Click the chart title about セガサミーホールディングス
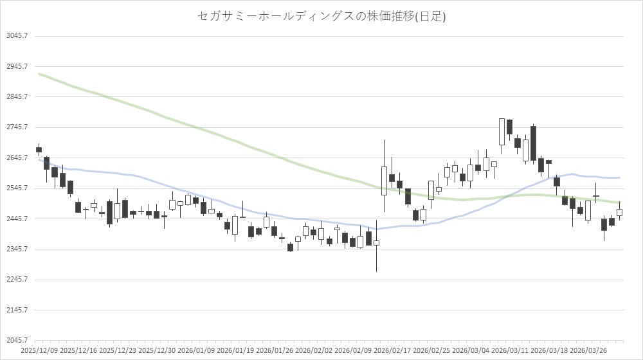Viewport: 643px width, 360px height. [321, 17]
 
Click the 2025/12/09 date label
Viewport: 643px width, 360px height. [40, 351]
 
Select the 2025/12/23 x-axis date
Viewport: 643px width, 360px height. [118, 351]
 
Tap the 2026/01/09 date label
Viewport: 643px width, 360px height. [197, 351]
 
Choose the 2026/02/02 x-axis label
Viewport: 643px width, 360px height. [314, 351]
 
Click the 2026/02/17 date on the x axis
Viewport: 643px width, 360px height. [393, 351]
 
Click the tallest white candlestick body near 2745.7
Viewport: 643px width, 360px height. [502, 132]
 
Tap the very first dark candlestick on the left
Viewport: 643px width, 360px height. [39, 149]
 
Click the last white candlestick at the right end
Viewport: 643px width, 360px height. [619, 212]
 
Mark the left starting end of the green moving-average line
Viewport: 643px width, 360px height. [40, 74]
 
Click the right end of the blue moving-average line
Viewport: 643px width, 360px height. [619, 177]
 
